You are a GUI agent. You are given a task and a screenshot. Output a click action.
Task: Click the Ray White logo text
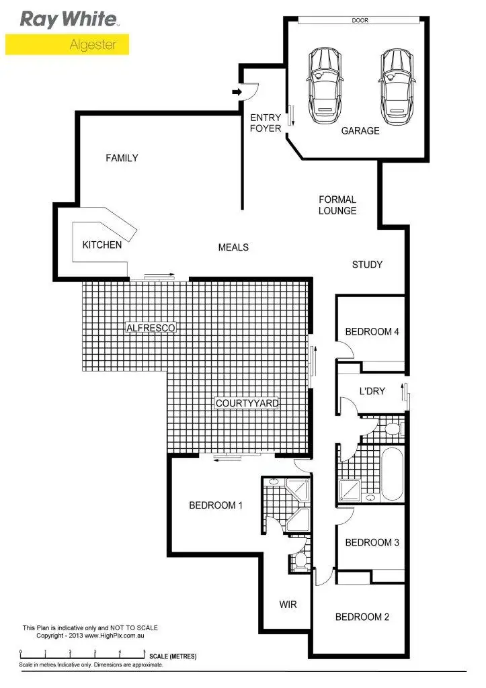69,19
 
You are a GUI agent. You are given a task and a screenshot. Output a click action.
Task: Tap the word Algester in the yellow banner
93,45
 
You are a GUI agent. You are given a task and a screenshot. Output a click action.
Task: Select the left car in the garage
324,85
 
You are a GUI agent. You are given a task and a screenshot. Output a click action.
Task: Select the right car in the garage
395,85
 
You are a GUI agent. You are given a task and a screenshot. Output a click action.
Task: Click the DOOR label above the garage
360,21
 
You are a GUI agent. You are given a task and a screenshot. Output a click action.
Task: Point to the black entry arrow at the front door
237,92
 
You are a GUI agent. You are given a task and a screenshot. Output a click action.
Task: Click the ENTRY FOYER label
266,123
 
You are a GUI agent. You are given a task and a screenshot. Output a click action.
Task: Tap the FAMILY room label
122,159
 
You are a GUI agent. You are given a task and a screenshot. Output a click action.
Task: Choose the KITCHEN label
102,245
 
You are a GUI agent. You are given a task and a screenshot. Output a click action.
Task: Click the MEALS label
233,247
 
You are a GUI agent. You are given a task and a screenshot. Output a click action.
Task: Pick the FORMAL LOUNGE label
337,205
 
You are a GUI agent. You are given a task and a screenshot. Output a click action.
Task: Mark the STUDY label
367,265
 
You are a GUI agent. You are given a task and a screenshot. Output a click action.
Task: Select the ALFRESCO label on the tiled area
151,328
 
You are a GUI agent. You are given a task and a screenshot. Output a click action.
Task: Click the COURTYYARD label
247,403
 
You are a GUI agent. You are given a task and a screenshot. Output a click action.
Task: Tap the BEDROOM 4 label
372,331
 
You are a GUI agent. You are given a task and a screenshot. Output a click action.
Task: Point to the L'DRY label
372,391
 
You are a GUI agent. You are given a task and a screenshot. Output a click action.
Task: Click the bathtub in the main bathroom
392,474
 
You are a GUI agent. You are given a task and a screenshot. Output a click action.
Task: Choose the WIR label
288,604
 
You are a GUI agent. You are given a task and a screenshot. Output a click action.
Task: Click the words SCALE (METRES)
173,656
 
